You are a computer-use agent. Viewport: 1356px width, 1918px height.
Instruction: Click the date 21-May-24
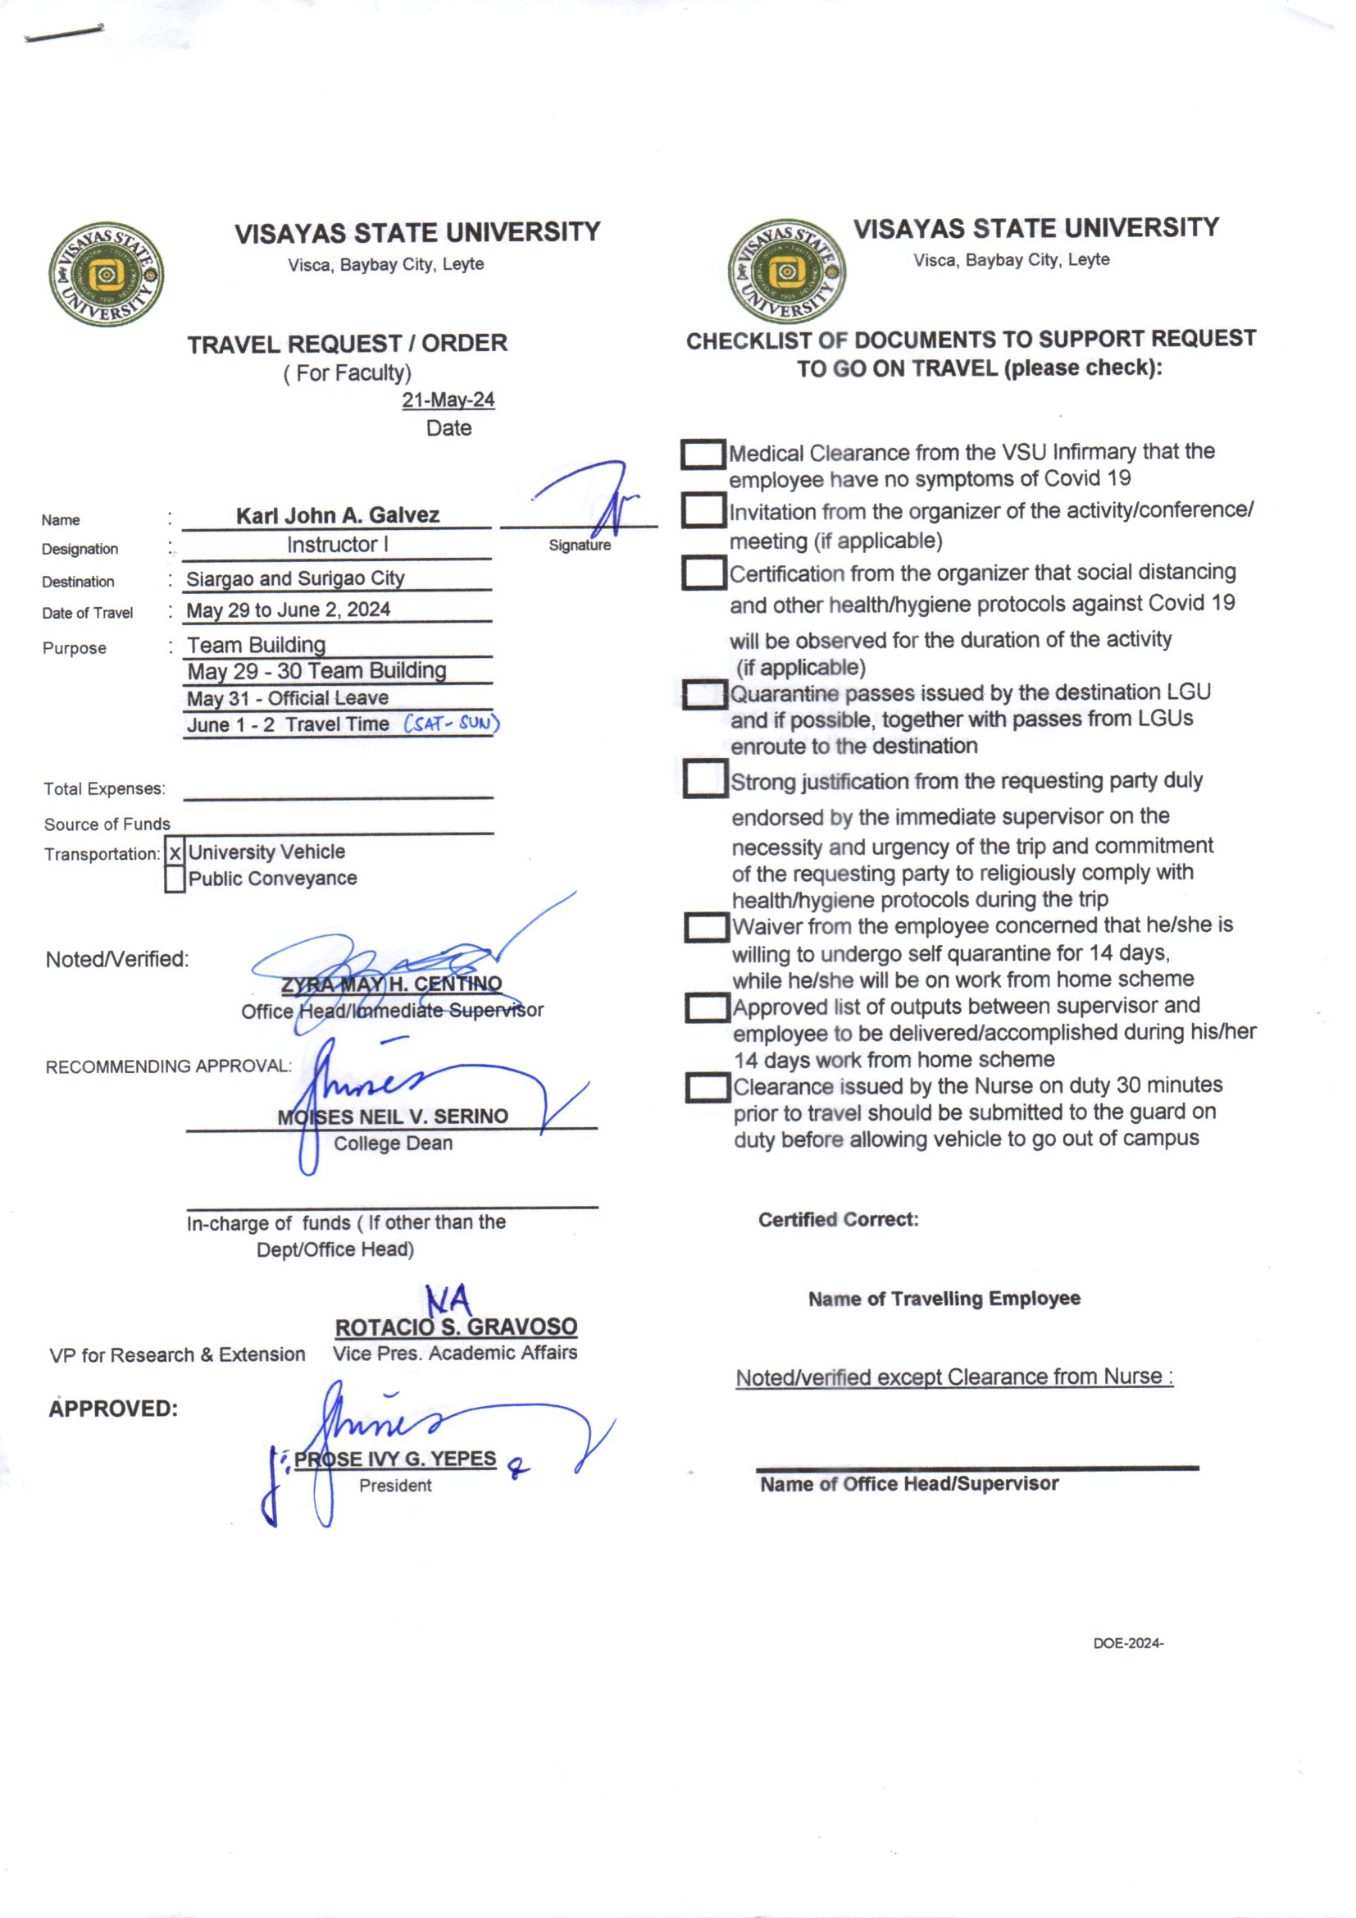[448, 400]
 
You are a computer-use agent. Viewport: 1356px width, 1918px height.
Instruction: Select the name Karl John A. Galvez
[337, 515]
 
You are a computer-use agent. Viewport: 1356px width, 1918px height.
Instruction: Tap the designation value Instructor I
[337, 545]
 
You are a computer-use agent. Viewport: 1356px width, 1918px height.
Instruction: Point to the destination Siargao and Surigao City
[295, 578]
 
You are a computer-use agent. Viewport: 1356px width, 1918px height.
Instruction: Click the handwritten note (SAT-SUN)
[452, 724]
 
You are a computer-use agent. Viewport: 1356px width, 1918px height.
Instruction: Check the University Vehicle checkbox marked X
[175, 853]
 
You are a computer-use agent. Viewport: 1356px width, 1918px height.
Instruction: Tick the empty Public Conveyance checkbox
[175, 879]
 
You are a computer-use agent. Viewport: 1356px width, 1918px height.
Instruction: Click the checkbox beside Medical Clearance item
[703, 454]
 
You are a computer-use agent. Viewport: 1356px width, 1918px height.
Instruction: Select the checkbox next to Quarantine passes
[704, 694]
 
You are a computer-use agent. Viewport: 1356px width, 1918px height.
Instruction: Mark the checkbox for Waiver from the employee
[706, 926]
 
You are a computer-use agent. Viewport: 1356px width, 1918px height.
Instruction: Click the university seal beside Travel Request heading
[106, 275]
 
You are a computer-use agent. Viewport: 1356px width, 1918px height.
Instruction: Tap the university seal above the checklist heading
[786, 272]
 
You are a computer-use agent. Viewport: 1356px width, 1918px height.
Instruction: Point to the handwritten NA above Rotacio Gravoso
[448, 1301]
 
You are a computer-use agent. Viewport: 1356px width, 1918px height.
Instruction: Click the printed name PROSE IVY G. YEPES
[395, 1459]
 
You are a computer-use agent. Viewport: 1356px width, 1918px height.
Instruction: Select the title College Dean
[394, 1143]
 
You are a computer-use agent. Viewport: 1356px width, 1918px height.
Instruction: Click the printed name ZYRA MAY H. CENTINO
[392, 984]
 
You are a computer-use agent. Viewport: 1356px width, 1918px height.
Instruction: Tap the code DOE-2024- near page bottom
[1128, 1643]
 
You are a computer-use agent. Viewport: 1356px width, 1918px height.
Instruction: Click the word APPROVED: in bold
[114, 1409]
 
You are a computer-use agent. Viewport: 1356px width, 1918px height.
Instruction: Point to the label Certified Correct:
[839, 1220]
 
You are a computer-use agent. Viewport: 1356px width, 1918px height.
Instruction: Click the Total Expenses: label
[104, 788]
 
